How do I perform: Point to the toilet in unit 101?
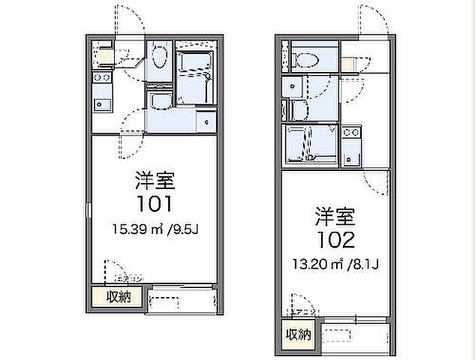coord(159,58)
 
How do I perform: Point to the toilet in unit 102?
coord(308,60)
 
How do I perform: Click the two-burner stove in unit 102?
coord(351,133)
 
